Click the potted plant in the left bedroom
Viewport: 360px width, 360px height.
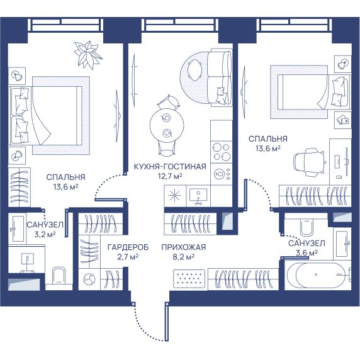tap(88, 55)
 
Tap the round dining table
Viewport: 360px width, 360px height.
tap(167, 125)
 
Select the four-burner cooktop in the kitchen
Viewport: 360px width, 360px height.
tap(222, 152)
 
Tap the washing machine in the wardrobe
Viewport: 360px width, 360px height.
tap(89, 279)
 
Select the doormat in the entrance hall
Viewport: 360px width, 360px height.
tap(189, 278)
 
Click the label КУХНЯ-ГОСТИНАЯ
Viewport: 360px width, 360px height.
tap(170, 166)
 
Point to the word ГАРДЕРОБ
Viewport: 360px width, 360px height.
tap(128, 247)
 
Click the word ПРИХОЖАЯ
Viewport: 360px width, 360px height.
tap(183, 247)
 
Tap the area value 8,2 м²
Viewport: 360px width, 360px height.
tap(183, 257)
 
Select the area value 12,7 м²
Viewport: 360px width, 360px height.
tap(170, 176)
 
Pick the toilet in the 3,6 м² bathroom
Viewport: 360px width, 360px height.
tap(306, 227)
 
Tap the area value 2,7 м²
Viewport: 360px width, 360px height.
tap(128, 257)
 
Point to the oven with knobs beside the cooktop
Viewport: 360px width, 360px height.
tap(222, 174)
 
